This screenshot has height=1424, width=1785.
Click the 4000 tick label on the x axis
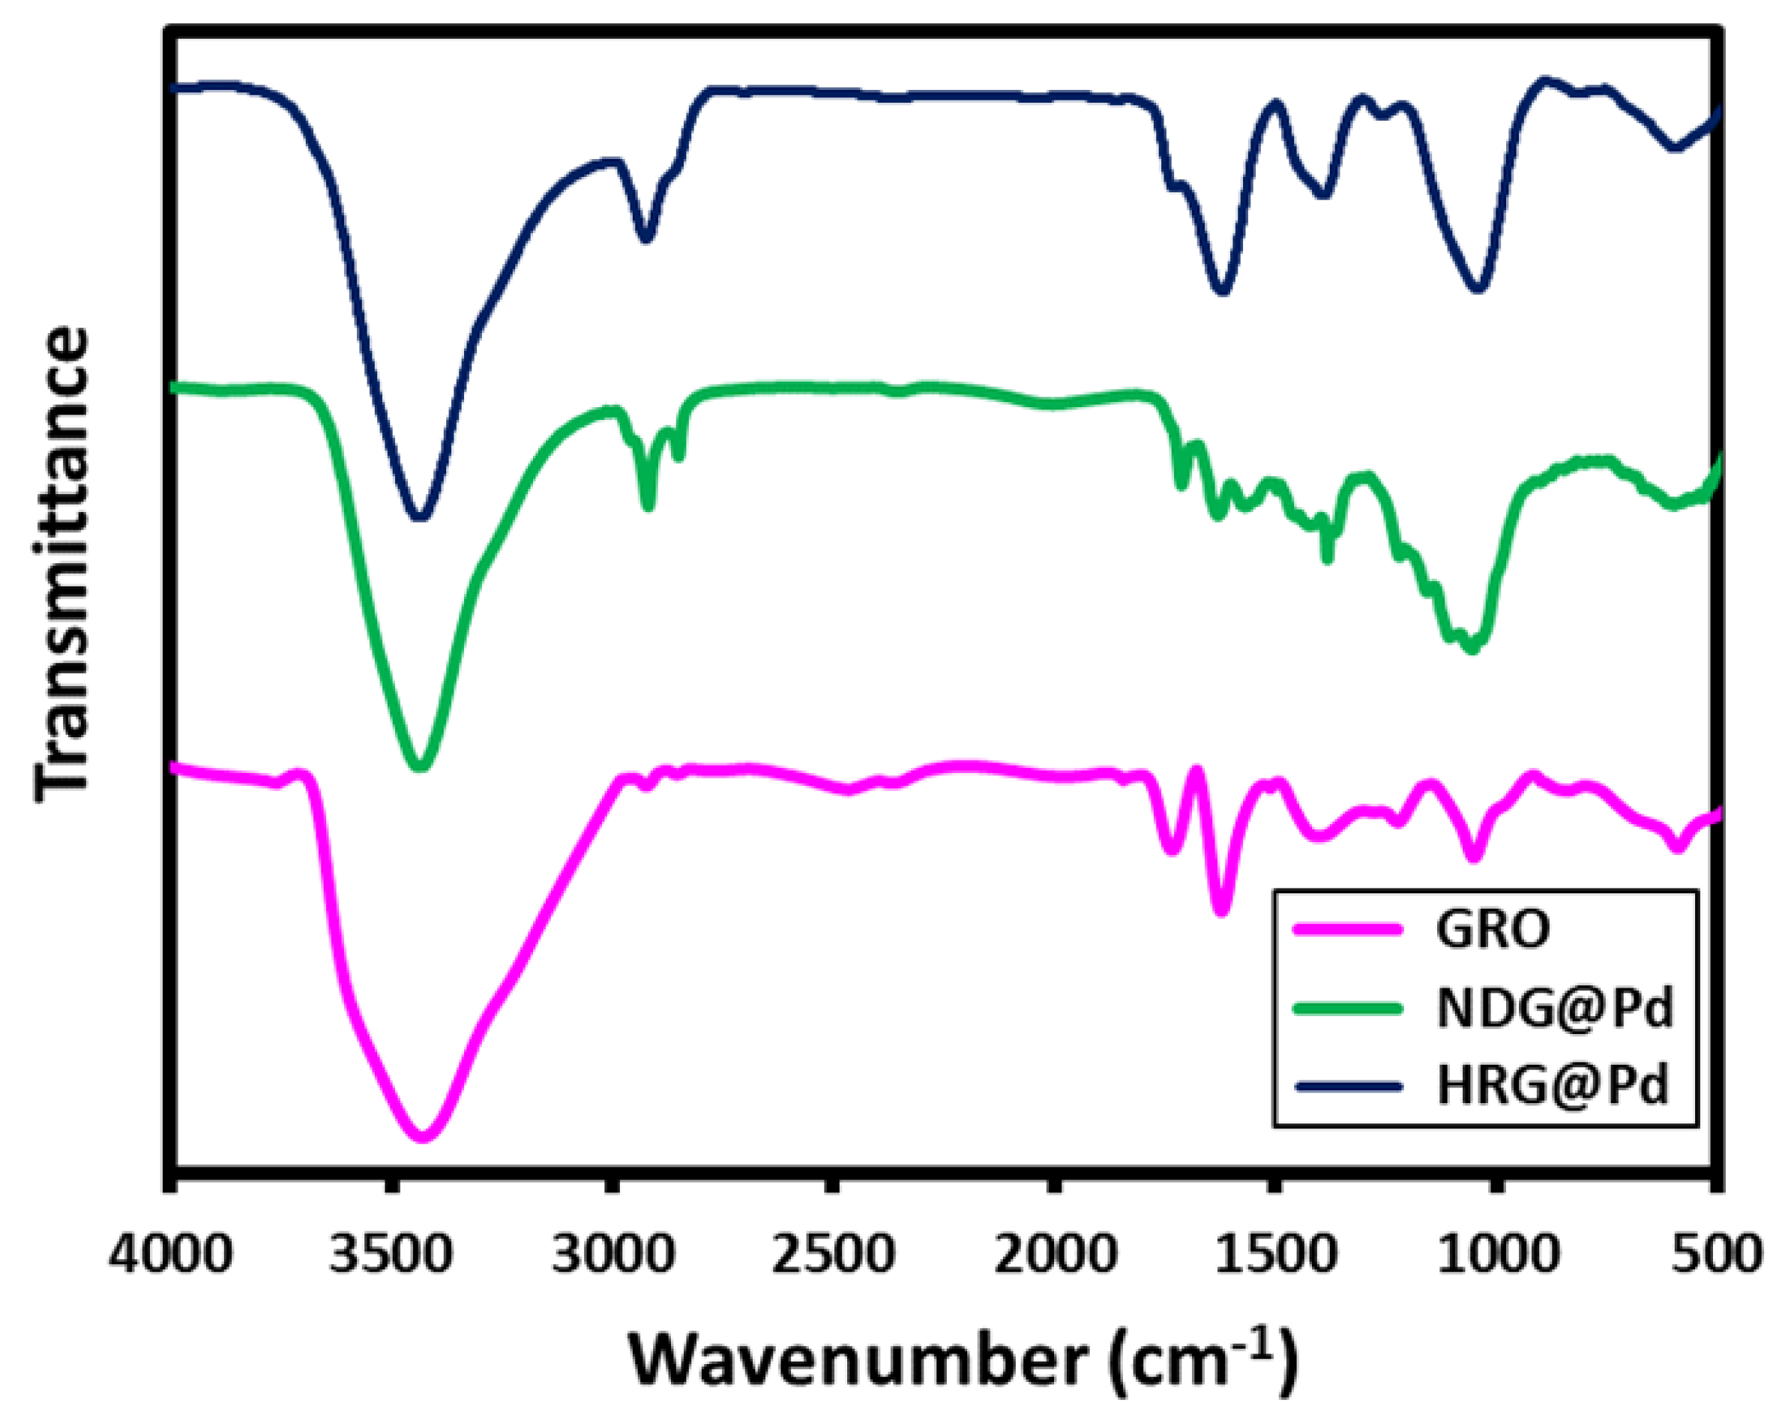(170, 1255)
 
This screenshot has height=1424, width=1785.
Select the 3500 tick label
(391, 1255)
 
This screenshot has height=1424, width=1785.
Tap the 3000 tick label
(612, 1255)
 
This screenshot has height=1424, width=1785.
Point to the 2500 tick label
(833, 1255)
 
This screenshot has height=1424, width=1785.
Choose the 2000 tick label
(1054, 1255)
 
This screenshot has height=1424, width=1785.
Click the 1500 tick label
(1275, 1255)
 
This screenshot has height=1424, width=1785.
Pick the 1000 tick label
(1497, 1255)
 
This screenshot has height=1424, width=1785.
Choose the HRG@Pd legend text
(1553, 1087)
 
